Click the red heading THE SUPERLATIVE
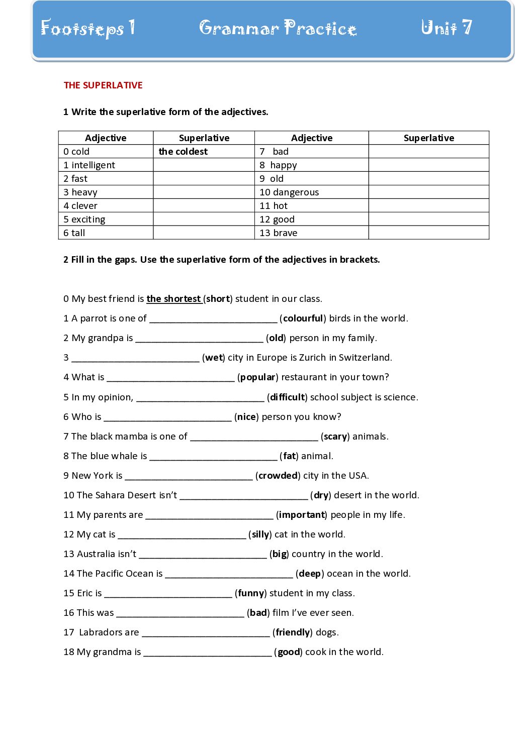coord(103,85)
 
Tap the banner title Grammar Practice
coord(278,28)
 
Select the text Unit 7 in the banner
coord(446,28)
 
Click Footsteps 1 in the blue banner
coord(87,28)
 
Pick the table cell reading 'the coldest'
coord(183,152)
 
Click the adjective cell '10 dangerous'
coord(289,192)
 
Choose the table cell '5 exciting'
coord(84,220)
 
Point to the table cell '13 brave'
coord(279,233)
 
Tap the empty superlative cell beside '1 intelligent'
coord(204,165)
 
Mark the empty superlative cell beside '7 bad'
coord(428,152)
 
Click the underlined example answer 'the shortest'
coord(174,299)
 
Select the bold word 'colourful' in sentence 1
coord(303,318)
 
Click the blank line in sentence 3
coord(135,359)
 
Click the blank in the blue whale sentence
coord(213,457)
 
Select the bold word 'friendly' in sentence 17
coord(293,632)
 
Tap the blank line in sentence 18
coord(207,653)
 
